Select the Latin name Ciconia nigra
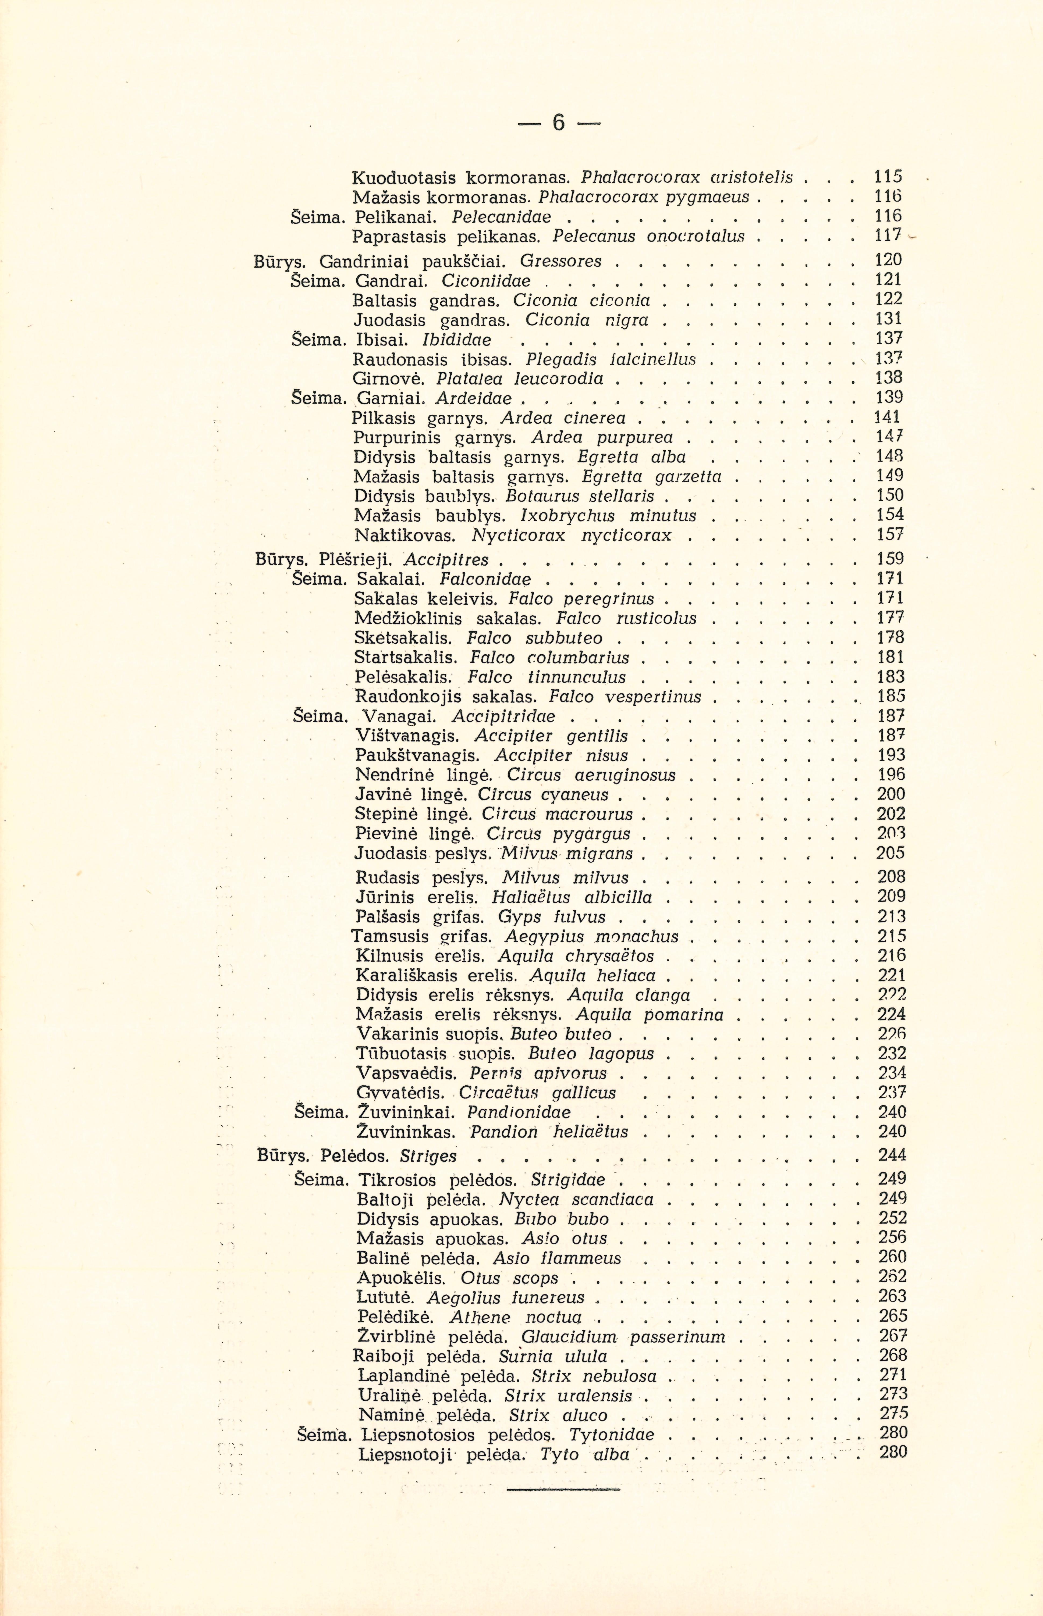587,319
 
